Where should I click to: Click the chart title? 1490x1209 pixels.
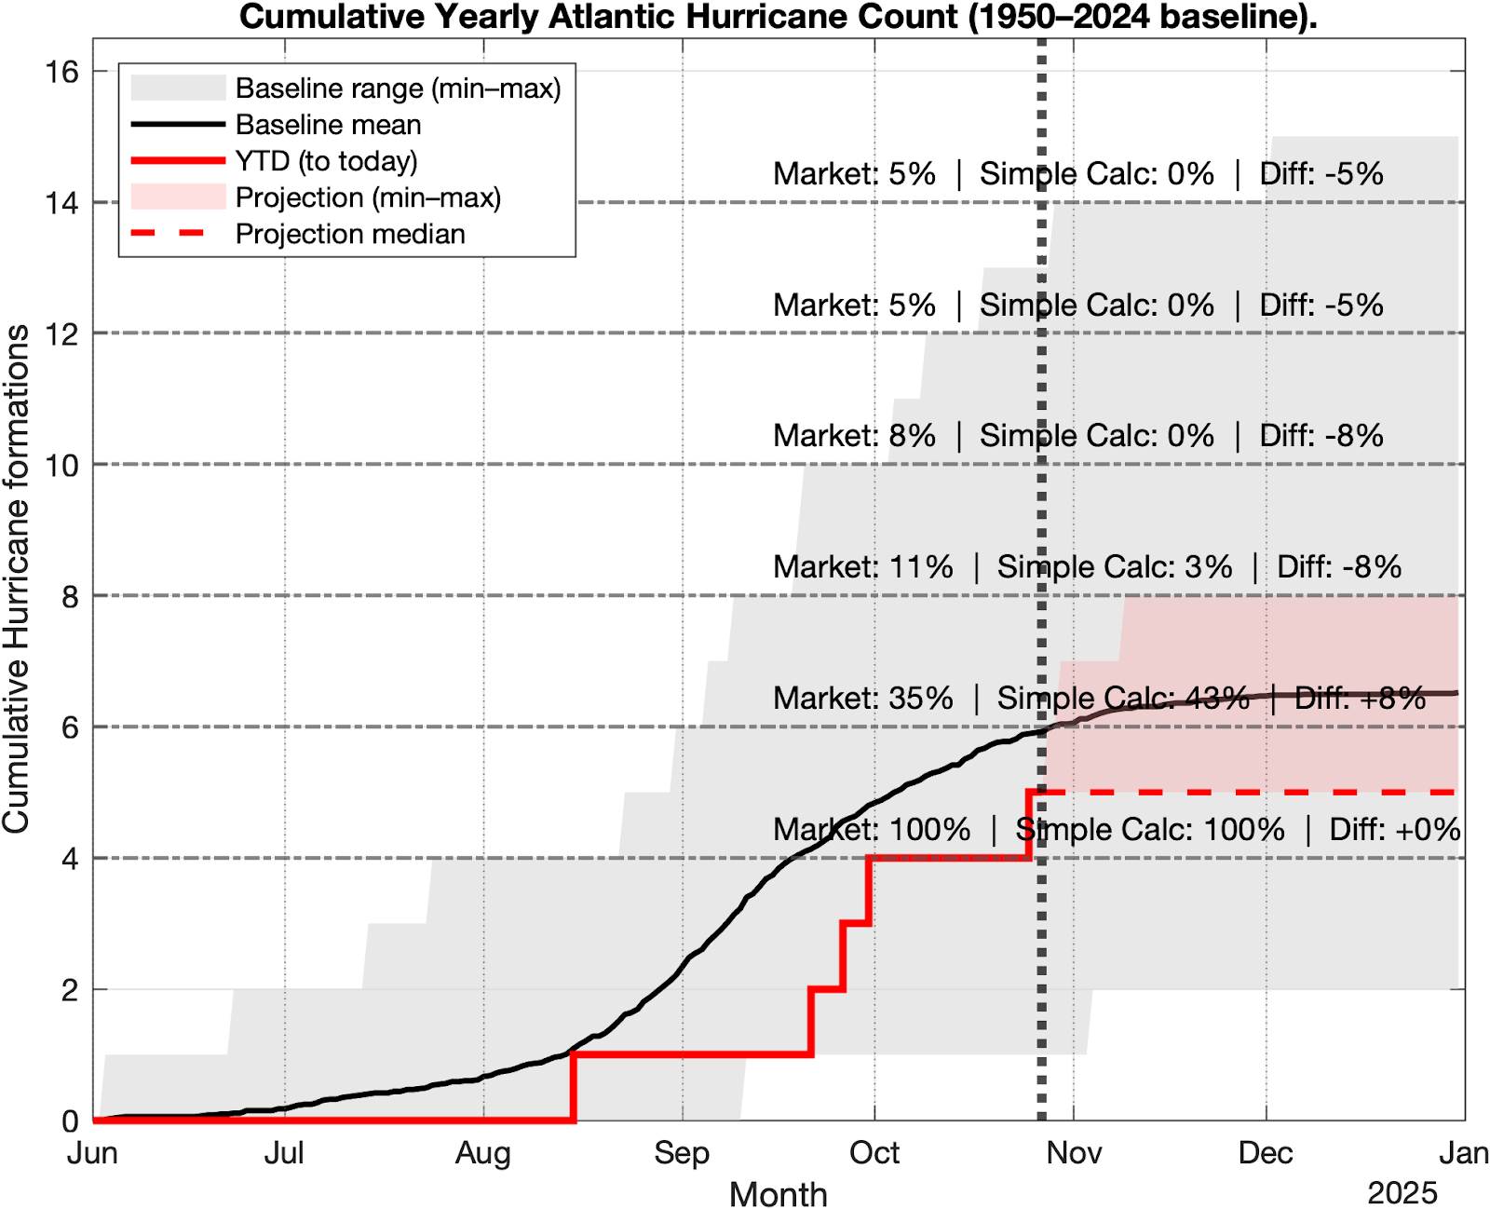coord(778,17)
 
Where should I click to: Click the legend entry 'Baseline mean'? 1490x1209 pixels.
coord(328,125)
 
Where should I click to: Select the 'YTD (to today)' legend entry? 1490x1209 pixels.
coord(326,161)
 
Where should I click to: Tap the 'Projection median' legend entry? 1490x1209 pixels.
coord(350,234)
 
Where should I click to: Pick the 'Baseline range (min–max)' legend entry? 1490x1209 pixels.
coord(398,88)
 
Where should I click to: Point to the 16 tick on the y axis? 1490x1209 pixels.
coord(62,72)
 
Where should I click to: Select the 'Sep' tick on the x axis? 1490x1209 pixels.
coord(682,1153)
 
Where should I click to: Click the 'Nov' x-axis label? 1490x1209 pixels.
coord(1074,1153)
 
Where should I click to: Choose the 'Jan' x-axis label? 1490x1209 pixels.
coord(1463,1153)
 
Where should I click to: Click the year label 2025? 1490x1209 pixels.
coord(1402,1193)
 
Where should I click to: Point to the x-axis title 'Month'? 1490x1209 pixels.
coord(778,1194)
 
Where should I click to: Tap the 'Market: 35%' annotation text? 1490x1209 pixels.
coord(862,699)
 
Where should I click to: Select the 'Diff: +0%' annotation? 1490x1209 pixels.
coord(1394,829)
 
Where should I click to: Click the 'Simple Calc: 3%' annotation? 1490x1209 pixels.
coord(1115,566)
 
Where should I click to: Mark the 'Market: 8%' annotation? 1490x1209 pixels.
coord(854,436)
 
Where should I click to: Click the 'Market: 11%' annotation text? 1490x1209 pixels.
coord(862,566)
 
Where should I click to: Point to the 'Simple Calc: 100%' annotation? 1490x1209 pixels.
coord(1149,829)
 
